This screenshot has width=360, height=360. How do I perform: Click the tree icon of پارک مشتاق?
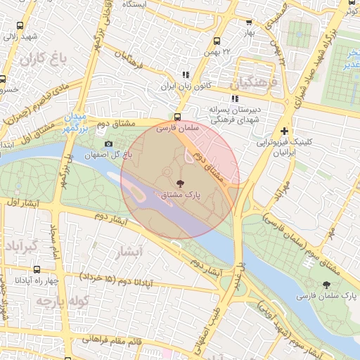179,184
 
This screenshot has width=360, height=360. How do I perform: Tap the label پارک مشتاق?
180,197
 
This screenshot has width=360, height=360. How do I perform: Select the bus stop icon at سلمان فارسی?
178,118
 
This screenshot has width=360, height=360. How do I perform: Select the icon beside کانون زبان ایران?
186,75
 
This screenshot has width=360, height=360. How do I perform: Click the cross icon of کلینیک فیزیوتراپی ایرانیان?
284,131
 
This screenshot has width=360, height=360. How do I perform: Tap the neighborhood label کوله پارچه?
41,302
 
